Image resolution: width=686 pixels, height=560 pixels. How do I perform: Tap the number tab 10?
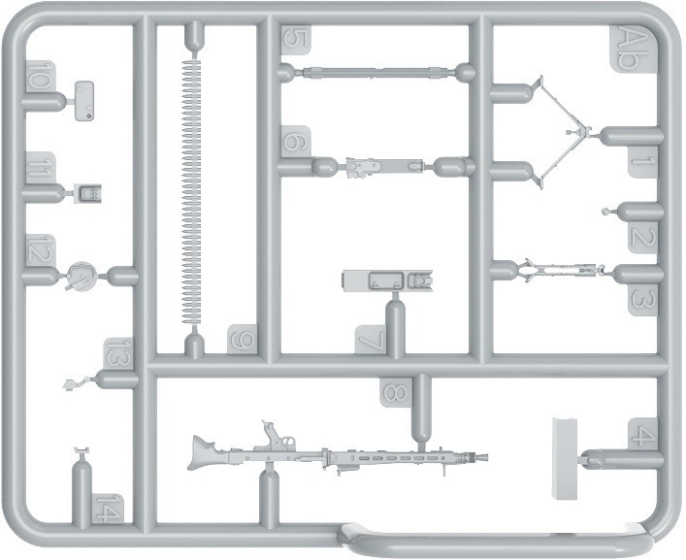point(40,76)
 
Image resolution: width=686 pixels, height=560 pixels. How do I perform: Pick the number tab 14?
point(109,508)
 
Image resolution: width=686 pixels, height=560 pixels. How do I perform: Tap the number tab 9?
point(243,341)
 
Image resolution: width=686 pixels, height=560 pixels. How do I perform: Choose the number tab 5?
point(295,40)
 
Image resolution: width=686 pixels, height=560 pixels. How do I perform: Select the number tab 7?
point(370,340)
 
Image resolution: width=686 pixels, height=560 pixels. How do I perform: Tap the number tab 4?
point(641,434)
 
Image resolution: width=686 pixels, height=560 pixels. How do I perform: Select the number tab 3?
point(642,298)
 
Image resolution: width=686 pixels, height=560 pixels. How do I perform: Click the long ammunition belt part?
point(190,194)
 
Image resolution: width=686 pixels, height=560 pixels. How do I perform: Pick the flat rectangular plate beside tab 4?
point(565,457)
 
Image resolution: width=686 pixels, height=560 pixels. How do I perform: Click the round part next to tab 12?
point(81,277)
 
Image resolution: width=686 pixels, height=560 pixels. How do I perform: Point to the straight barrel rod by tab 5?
point(374,72)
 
